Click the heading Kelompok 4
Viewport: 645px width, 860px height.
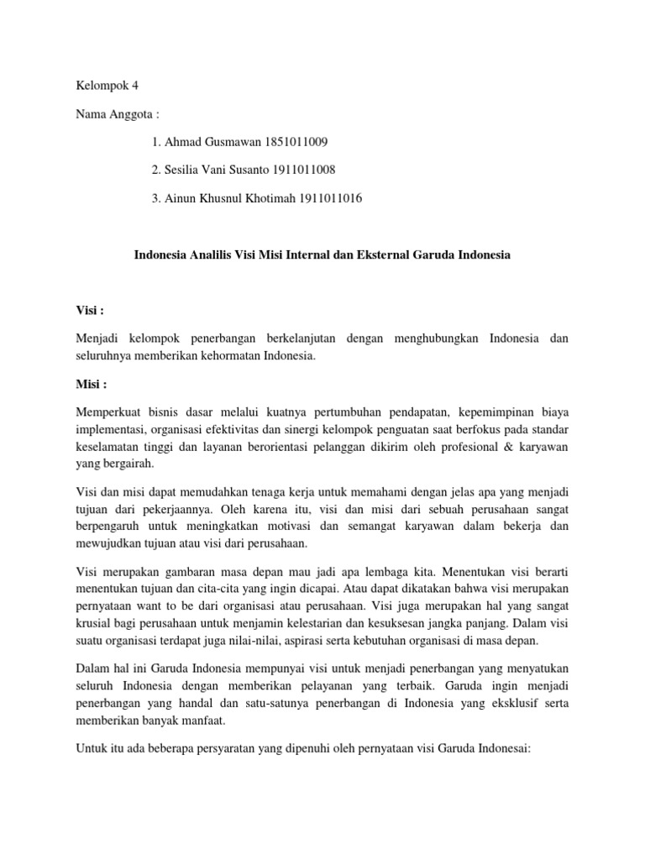[105, 86]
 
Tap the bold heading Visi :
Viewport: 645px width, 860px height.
[89, 310]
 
